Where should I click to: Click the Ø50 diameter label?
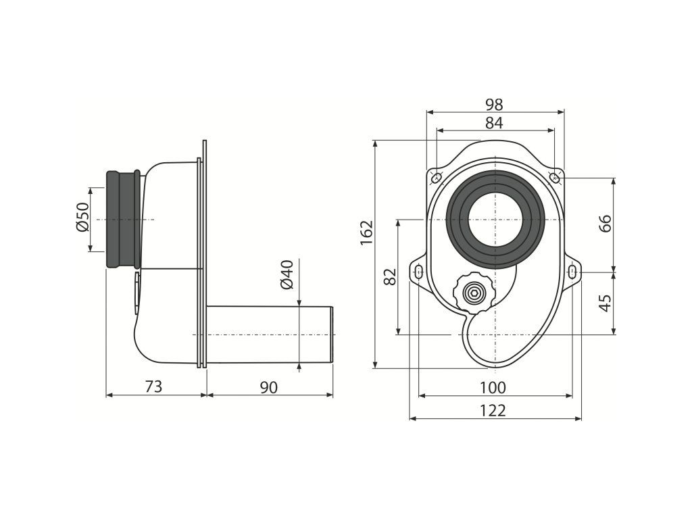82,217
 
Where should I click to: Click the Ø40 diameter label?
286,274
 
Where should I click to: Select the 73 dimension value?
154,387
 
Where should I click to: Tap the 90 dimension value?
268,387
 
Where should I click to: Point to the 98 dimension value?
494,105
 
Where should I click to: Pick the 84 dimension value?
494,123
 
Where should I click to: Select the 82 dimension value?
390,276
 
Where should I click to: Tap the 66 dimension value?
605,223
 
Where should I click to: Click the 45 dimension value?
605,302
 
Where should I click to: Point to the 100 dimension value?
493,387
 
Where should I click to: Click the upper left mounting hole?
436,178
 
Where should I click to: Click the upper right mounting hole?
554,178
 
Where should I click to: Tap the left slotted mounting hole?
418,272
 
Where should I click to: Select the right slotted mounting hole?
573,272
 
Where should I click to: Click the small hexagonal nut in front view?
474,293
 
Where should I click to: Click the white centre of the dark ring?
495,220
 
